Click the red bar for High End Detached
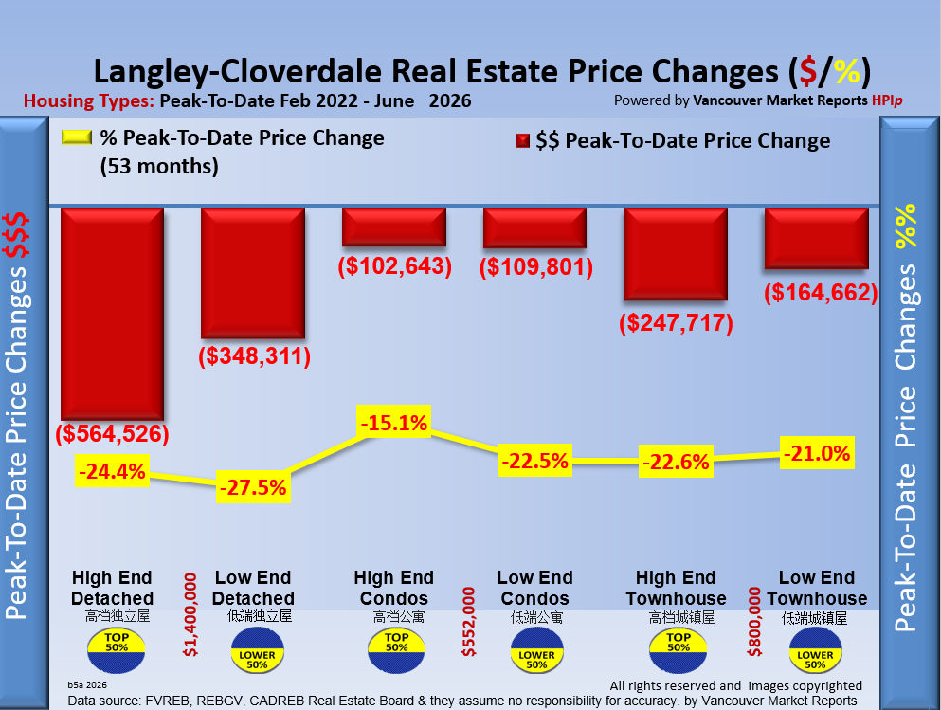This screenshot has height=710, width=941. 112,313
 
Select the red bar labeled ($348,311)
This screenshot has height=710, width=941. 253,272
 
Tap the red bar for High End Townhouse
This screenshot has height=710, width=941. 676,254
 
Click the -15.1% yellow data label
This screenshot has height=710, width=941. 393,423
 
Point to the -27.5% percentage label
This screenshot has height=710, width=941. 253,486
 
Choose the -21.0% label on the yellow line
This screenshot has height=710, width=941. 817,453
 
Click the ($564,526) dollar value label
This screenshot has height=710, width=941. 112,433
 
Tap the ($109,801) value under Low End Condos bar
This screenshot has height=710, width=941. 536,266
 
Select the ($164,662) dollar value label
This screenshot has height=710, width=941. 821,292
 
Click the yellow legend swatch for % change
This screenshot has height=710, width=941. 76,137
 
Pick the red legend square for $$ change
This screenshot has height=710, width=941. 523,140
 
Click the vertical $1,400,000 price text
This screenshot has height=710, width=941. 190,614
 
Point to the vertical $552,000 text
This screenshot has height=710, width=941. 468,621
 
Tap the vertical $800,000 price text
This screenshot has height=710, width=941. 754,621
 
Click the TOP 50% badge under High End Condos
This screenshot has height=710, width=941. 396,650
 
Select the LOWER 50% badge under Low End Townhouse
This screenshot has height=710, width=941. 816,650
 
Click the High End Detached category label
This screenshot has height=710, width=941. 112,588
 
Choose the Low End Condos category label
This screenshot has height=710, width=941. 534,588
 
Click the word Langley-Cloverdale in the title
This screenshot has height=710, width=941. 238,71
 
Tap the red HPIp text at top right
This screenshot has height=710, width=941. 887,100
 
